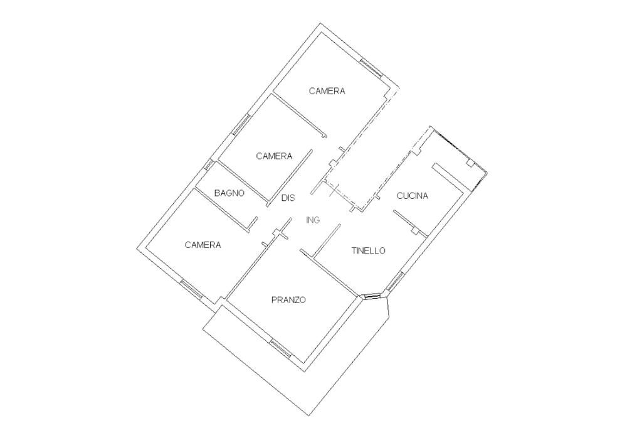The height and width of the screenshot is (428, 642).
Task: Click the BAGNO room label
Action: [229, 193]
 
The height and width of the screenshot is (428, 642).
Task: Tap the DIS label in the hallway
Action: [288, 198]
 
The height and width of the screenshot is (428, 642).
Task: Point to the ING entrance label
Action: [313, 220]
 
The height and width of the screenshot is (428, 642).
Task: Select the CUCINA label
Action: [413, 196]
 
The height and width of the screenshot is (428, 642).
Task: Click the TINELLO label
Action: [368, 250]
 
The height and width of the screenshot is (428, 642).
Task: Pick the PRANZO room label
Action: [288, 300]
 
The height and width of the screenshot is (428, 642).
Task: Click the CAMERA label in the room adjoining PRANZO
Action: [203, 245]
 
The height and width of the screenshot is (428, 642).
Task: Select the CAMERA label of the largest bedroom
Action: [327, 91]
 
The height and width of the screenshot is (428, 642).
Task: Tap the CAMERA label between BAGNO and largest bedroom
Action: [274, 156]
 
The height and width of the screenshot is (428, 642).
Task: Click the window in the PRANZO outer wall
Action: [280, 348]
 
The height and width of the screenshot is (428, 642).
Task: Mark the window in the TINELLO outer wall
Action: [395, 282]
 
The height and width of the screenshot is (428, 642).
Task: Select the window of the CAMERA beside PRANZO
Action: [191, 289]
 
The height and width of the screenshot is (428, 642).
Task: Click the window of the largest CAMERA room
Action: [372, 67]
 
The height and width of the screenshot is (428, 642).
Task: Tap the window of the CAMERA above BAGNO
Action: [241, 124]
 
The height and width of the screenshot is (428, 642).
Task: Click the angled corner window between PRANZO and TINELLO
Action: [372, 296]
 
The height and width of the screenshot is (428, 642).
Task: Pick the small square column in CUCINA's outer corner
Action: [469, 163]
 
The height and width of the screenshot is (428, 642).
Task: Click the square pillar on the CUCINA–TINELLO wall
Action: [414, 230]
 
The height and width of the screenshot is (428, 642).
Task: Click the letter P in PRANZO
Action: [274, 300]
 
